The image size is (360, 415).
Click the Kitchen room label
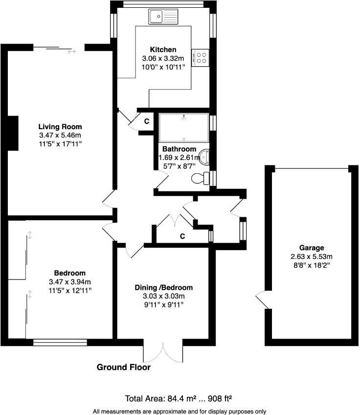163,49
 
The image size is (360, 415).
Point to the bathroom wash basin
205,157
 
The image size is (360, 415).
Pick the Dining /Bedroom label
163,288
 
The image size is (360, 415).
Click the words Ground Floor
124,367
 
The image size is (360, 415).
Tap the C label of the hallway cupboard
182,236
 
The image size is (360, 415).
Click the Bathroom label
180,149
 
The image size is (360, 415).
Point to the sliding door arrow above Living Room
72,51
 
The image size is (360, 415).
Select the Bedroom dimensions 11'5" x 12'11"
70,290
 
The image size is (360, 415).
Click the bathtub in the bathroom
183,128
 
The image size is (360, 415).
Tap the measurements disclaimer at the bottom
180,411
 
